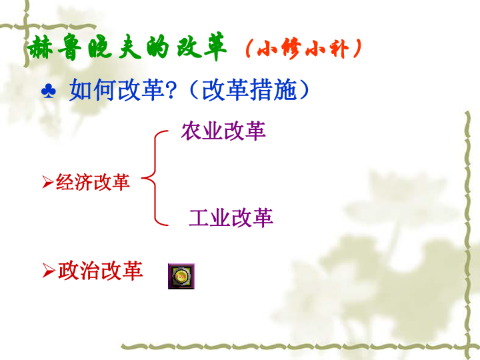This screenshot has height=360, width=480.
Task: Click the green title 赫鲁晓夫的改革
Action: [127, 47]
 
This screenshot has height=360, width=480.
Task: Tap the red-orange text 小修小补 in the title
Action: [303, 49]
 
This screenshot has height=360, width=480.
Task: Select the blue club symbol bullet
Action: [49, 91]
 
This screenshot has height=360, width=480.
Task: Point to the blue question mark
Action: [171, 90]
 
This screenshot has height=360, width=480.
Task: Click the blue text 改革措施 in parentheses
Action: [249, 89]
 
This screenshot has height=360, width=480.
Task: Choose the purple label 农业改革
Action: [223, 131]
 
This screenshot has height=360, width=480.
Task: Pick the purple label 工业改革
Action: [231, 218]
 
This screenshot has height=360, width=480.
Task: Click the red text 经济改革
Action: [93, 182]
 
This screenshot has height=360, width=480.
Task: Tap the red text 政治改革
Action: [101, 271]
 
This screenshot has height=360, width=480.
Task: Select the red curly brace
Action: [155, 178]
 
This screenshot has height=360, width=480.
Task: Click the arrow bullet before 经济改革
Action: [48, 182]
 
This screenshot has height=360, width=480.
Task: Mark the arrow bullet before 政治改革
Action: [49, 271]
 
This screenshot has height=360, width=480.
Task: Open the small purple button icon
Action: [181, 276]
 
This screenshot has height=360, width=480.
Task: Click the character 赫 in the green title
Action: [40, 47]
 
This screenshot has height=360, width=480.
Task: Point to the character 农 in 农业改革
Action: [191, 131]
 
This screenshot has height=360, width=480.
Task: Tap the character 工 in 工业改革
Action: [199, 218]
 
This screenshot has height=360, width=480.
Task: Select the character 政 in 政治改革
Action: [68, 271]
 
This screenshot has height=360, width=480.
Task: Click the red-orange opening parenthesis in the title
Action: [249, 49]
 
